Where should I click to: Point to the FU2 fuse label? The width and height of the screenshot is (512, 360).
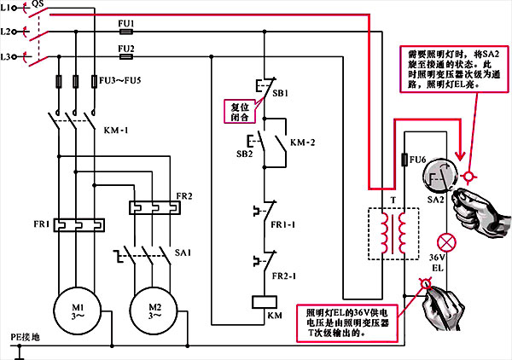pos(126,48)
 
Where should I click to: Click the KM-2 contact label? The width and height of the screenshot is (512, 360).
pos(304,142)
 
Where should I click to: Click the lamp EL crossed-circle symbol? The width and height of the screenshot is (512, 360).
pos(443,241)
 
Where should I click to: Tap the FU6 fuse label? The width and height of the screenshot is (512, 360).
pos(418,159)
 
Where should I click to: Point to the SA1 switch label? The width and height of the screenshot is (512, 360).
pos(182,253)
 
